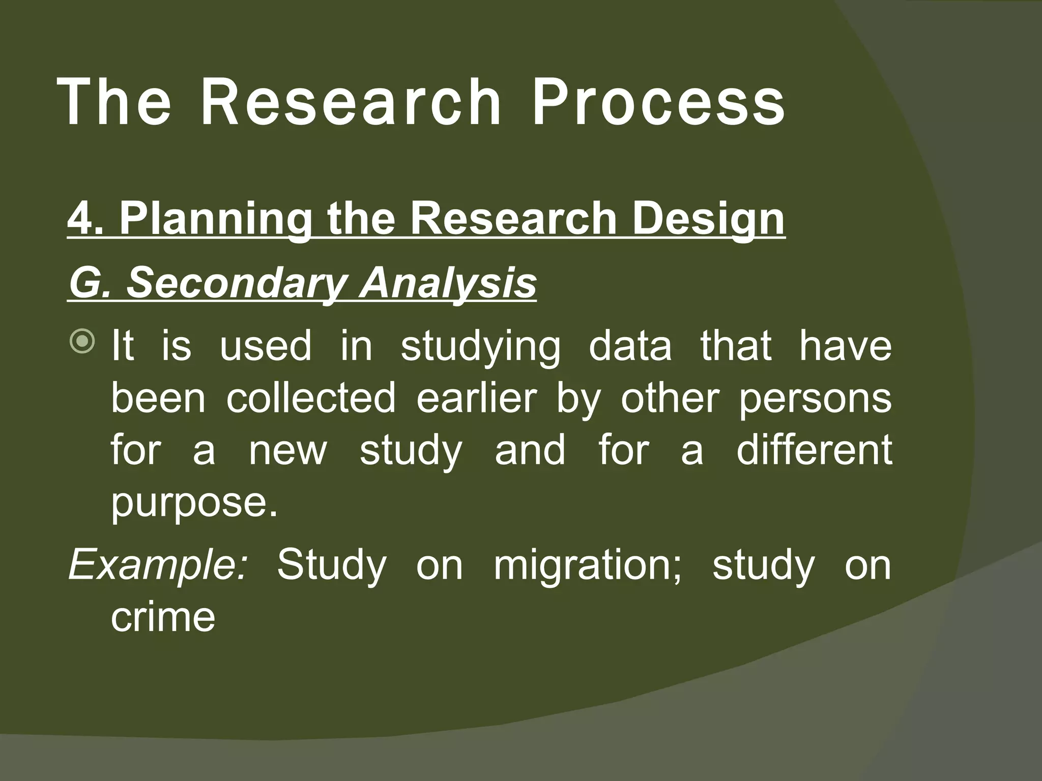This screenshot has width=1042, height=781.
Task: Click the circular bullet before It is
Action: click(82, 341)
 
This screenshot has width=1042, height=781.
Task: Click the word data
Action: click(630, 346)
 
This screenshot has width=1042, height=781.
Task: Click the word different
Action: click(814, 450)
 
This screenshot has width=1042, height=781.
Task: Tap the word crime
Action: click(163, 617)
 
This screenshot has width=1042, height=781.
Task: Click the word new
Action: click(287, 451)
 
